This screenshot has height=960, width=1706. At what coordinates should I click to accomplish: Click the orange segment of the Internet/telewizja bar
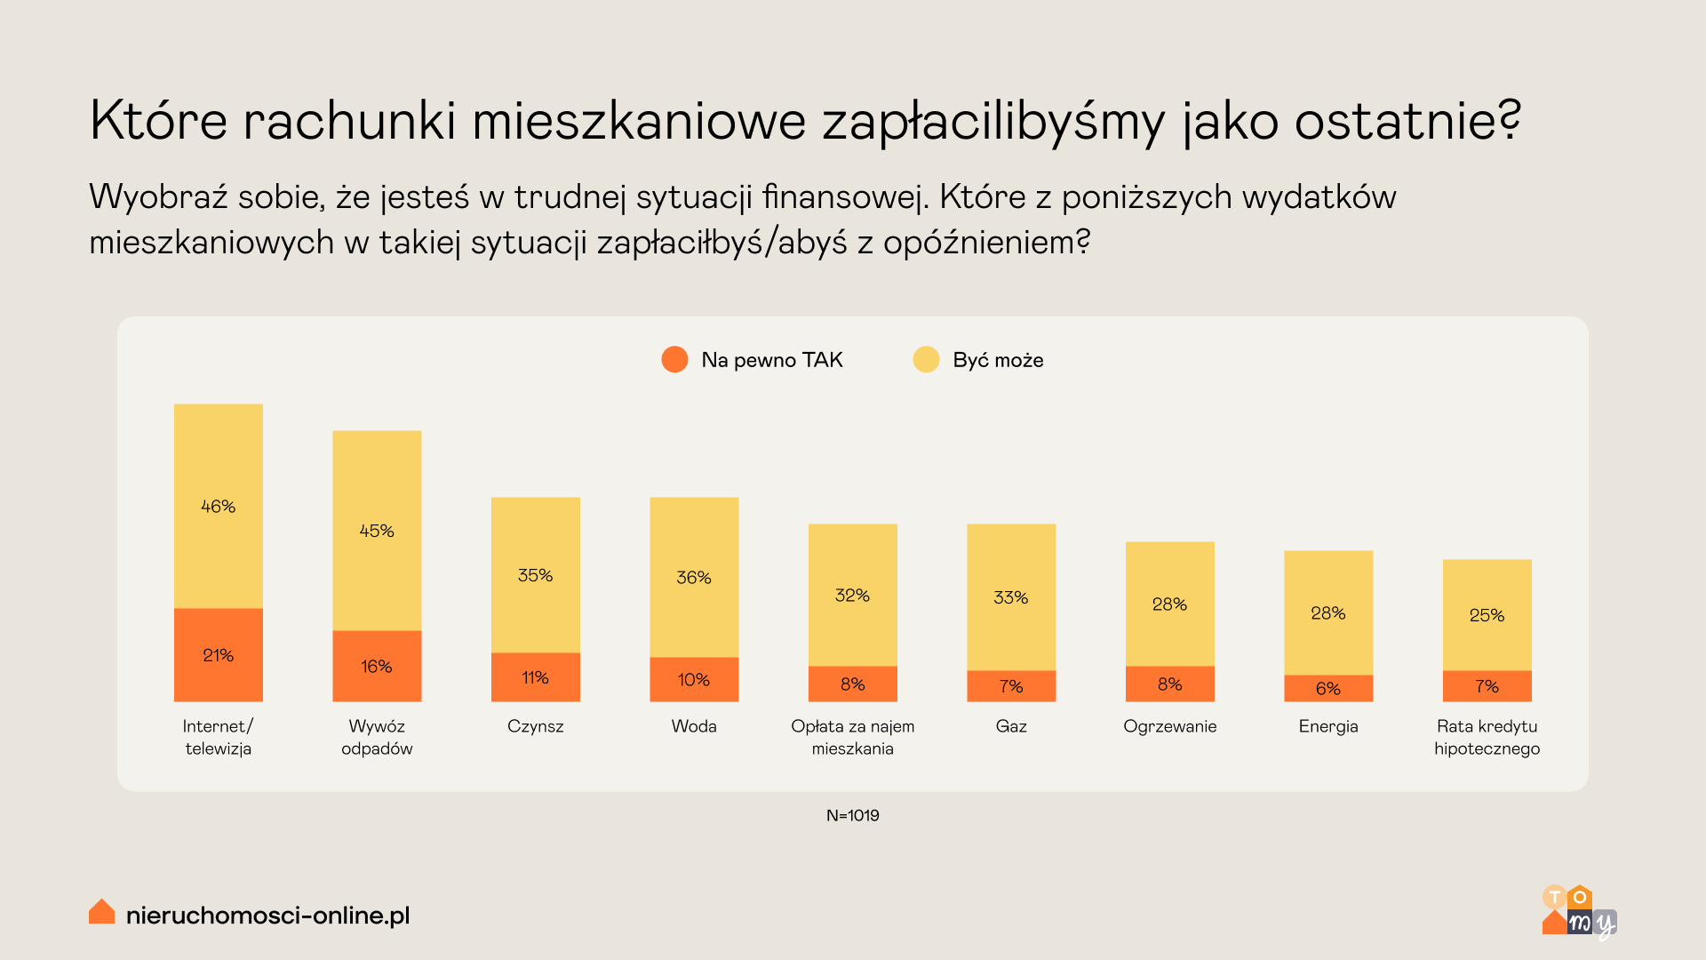(218, 655)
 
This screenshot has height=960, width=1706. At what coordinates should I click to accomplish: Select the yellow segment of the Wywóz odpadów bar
(377, 531)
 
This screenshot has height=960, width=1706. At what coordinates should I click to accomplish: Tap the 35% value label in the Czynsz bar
(535, 575)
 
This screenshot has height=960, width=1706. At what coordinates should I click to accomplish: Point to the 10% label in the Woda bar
(693, 680)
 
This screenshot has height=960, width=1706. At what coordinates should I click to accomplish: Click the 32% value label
(852, 596)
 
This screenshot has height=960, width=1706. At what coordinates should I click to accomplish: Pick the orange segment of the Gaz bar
(1011, 686)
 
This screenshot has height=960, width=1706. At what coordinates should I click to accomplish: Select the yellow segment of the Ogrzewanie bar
(1169, 604)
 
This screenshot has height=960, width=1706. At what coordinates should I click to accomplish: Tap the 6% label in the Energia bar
(1327, 689)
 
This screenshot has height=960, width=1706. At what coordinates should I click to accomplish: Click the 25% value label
(1487, 615)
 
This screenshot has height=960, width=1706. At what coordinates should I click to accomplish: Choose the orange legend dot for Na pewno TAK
(674, 360)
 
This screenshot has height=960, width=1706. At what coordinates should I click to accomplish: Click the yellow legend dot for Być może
(926, 360)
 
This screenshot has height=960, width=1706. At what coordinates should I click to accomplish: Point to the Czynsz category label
(535, 726)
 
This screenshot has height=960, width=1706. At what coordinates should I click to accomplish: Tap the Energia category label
(1327, 726)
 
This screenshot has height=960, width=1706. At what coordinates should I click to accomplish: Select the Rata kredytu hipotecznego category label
(1487, 737)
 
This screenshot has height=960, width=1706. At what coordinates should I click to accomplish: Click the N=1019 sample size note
(852, 815)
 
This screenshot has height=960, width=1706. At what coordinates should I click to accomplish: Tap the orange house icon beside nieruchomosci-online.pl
(102, 912)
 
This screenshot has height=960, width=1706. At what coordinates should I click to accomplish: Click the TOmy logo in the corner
(1578, 911)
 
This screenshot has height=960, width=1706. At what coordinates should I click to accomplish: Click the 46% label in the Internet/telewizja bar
(218, 507)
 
